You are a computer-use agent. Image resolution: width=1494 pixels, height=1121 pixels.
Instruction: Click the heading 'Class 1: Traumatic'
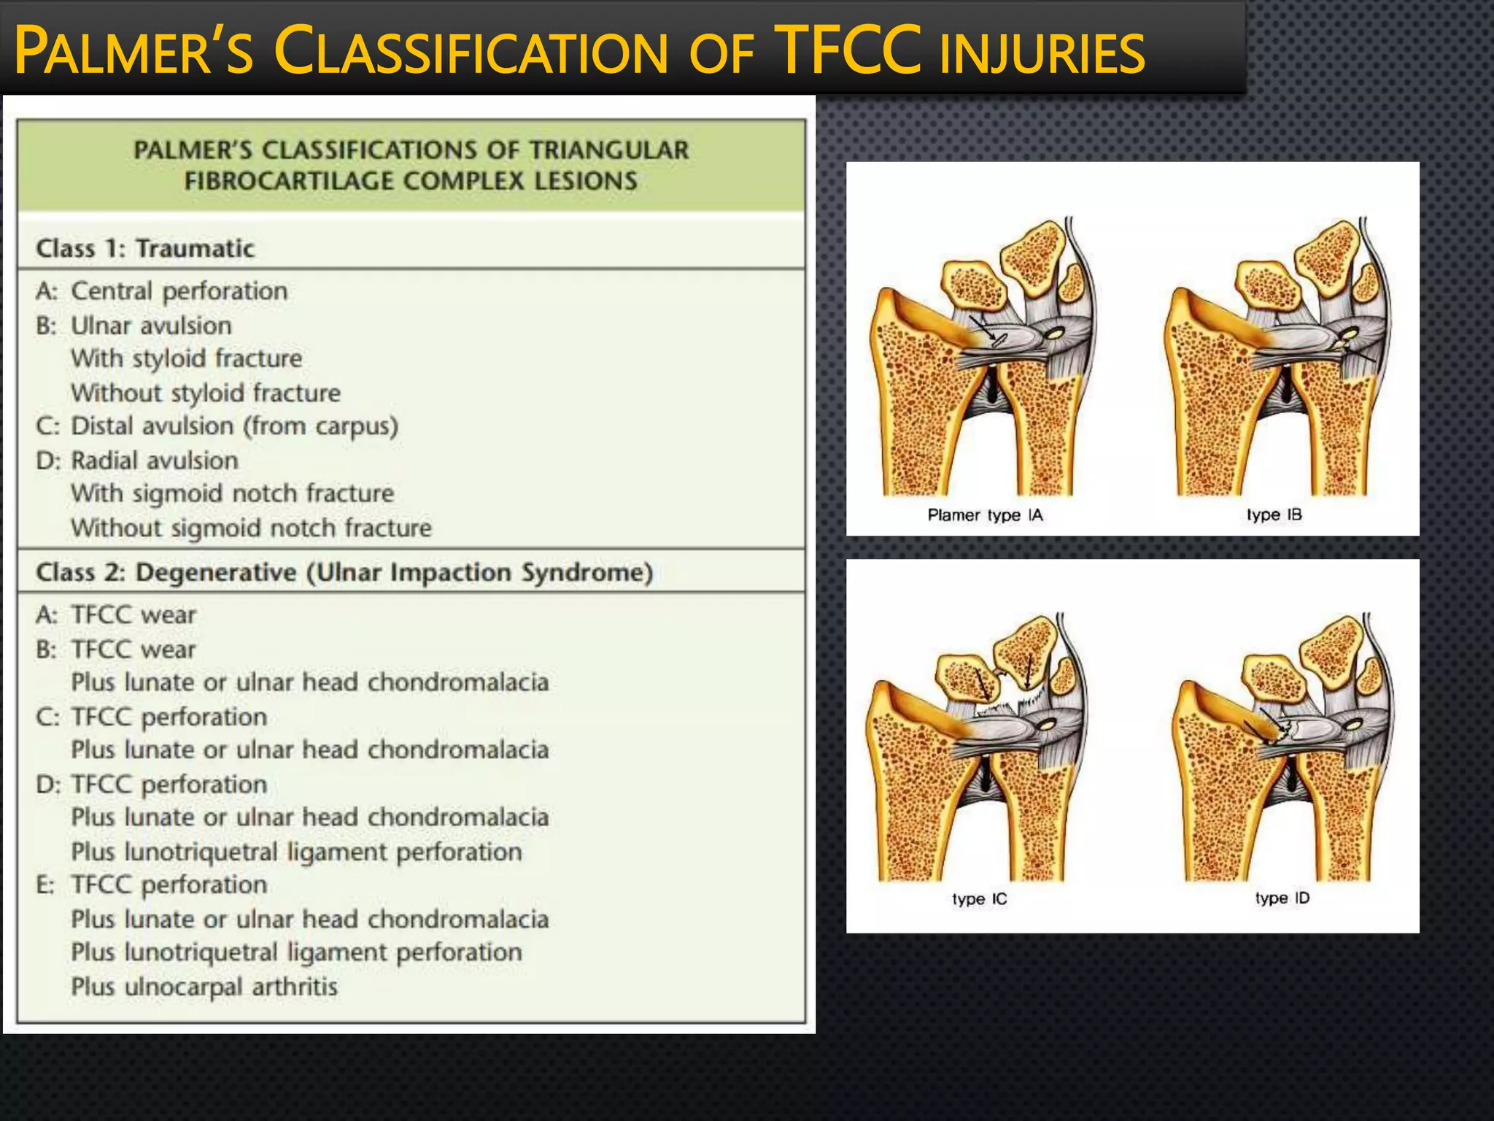coord(145,248)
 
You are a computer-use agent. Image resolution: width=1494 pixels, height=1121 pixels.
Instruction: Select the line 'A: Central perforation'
coord(162,291)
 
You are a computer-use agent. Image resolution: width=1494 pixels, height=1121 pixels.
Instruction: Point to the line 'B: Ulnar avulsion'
coord(134,325)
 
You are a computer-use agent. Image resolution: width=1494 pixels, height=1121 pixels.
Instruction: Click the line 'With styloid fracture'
coord(187,358)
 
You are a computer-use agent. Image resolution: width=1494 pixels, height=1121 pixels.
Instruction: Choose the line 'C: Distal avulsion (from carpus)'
coord(217,426)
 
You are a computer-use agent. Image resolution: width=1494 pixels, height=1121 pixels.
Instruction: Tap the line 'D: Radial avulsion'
coord(137,461)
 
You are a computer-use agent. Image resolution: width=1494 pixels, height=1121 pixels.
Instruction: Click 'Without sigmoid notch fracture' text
coord(251,528)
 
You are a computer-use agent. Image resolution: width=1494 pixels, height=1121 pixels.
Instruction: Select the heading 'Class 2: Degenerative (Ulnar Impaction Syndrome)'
coord(344,572)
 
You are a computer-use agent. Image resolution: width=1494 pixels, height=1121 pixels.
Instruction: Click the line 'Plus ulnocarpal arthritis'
coord(204,987)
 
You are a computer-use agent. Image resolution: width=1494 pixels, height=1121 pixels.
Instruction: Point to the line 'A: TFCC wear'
coord(116,615)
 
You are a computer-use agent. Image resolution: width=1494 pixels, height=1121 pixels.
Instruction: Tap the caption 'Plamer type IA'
coord(985,515)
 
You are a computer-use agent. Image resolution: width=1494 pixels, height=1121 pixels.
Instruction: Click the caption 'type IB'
coord(1274,515)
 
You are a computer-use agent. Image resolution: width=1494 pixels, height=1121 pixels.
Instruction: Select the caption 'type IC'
coord(979,899)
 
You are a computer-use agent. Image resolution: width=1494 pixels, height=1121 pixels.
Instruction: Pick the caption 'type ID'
coord(1282,898)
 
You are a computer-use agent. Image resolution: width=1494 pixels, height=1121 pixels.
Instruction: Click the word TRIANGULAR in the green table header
coord(608,150)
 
